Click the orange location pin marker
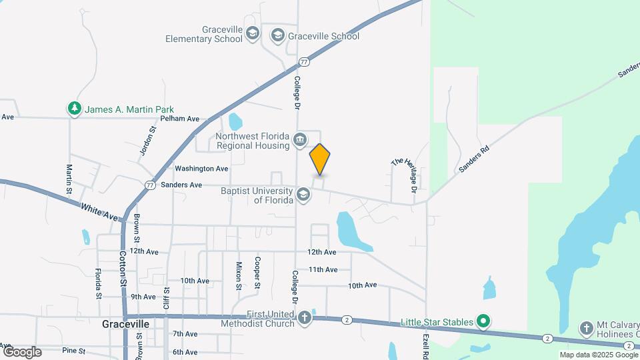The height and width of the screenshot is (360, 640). [x=320, y=159]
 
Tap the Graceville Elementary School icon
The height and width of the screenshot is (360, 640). [x=252, y=33]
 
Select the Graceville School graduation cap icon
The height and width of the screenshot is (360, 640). [x=277, y=35]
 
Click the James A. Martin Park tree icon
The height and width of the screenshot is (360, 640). [x=74, y=109]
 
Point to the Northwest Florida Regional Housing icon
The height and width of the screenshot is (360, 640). [x=300, y=139]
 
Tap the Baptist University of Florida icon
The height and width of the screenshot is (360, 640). [x=304, y=194]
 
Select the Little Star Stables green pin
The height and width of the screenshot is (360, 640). [x=485, y=322]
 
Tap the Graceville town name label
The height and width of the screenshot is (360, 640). [x=125, y=324]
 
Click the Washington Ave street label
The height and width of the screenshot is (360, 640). [x=201, y=169]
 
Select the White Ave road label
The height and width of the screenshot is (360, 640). [x=99, y=213]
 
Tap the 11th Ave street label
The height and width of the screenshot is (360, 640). [x=323, y=269]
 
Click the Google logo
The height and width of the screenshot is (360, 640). [x=22, y=351]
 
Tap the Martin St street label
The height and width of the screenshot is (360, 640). [x=69, y=179]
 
